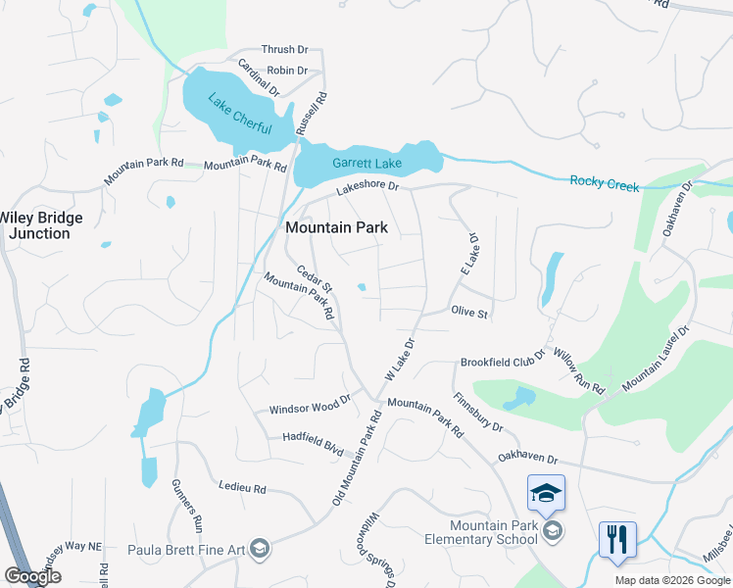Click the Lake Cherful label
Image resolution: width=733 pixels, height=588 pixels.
[239, 114]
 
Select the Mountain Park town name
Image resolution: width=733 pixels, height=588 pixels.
[336, 227]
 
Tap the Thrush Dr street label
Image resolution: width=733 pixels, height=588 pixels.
[284, 50]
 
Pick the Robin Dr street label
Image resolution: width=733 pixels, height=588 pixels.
[287, 71]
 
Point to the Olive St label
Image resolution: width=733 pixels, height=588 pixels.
[469, 312]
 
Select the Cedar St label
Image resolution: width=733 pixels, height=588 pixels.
[316, 280]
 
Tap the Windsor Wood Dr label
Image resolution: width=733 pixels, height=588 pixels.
[310, 407]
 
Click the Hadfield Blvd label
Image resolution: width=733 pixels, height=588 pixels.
[313, 444]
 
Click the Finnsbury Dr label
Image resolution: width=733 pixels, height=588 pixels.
[478, 414]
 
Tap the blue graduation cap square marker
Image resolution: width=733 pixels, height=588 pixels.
[547, 493]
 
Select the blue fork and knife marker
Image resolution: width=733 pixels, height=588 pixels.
[617, 539]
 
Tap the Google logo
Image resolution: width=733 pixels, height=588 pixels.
[32, 576]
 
